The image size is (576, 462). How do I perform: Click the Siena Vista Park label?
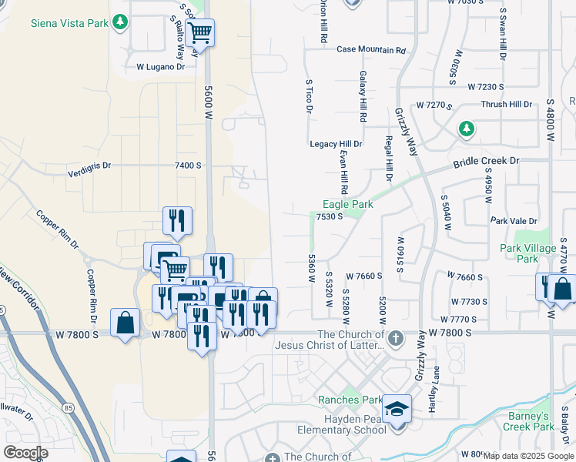tap(69, 23)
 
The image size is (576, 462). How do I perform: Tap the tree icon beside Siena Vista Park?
tap(119, 23)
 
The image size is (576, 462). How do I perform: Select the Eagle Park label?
tap(347, 205)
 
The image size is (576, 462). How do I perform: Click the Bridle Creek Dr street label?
tap(486, 162)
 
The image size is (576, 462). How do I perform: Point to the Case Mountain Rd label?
tap(371, 50)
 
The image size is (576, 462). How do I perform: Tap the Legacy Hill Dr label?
tap(336, 144)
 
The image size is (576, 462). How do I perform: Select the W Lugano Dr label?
tap(161, 67)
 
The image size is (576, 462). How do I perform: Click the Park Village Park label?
tap(528, 253)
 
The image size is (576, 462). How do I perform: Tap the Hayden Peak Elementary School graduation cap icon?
tap(397, 409)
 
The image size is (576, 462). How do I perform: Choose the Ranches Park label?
tap(350, 400)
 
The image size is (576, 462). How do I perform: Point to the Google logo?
tap(25, 453)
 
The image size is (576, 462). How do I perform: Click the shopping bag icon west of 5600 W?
tap(125, 323)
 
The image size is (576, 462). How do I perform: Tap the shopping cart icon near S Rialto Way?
tap(199, 33)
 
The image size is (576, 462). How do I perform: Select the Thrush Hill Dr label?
tap(506, 104)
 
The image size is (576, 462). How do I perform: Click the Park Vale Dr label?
tap(514, 221)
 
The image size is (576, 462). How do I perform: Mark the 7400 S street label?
tap(188, 166)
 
